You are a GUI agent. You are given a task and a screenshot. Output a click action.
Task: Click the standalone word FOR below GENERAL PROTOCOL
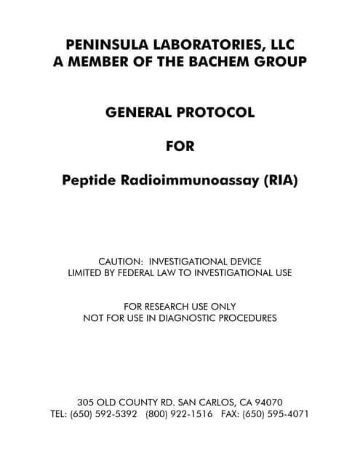(x=180, y=146)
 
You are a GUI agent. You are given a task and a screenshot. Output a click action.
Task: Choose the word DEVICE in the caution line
(x=242, y=261)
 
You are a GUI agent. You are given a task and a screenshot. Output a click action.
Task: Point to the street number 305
(x=86, y=402)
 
